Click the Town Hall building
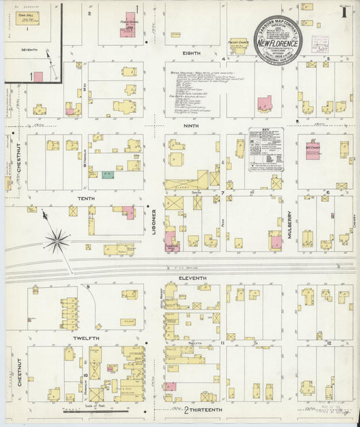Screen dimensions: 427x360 coord(27,18)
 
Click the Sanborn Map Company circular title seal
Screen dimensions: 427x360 coord(278,38)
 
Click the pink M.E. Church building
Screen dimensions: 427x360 coord(312,150)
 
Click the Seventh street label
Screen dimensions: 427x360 coord(29,50)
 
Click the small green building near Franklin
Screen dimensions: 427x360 coord(107,174)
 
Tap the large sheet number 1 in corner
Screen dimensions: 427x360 coord(344,11)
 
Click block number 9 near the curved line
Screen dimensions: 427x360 coord(88,287)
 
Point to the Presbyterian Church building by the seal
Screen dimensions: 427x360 coord(238,44)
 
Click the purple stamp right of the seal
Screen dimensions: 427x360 coord(320,45)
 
